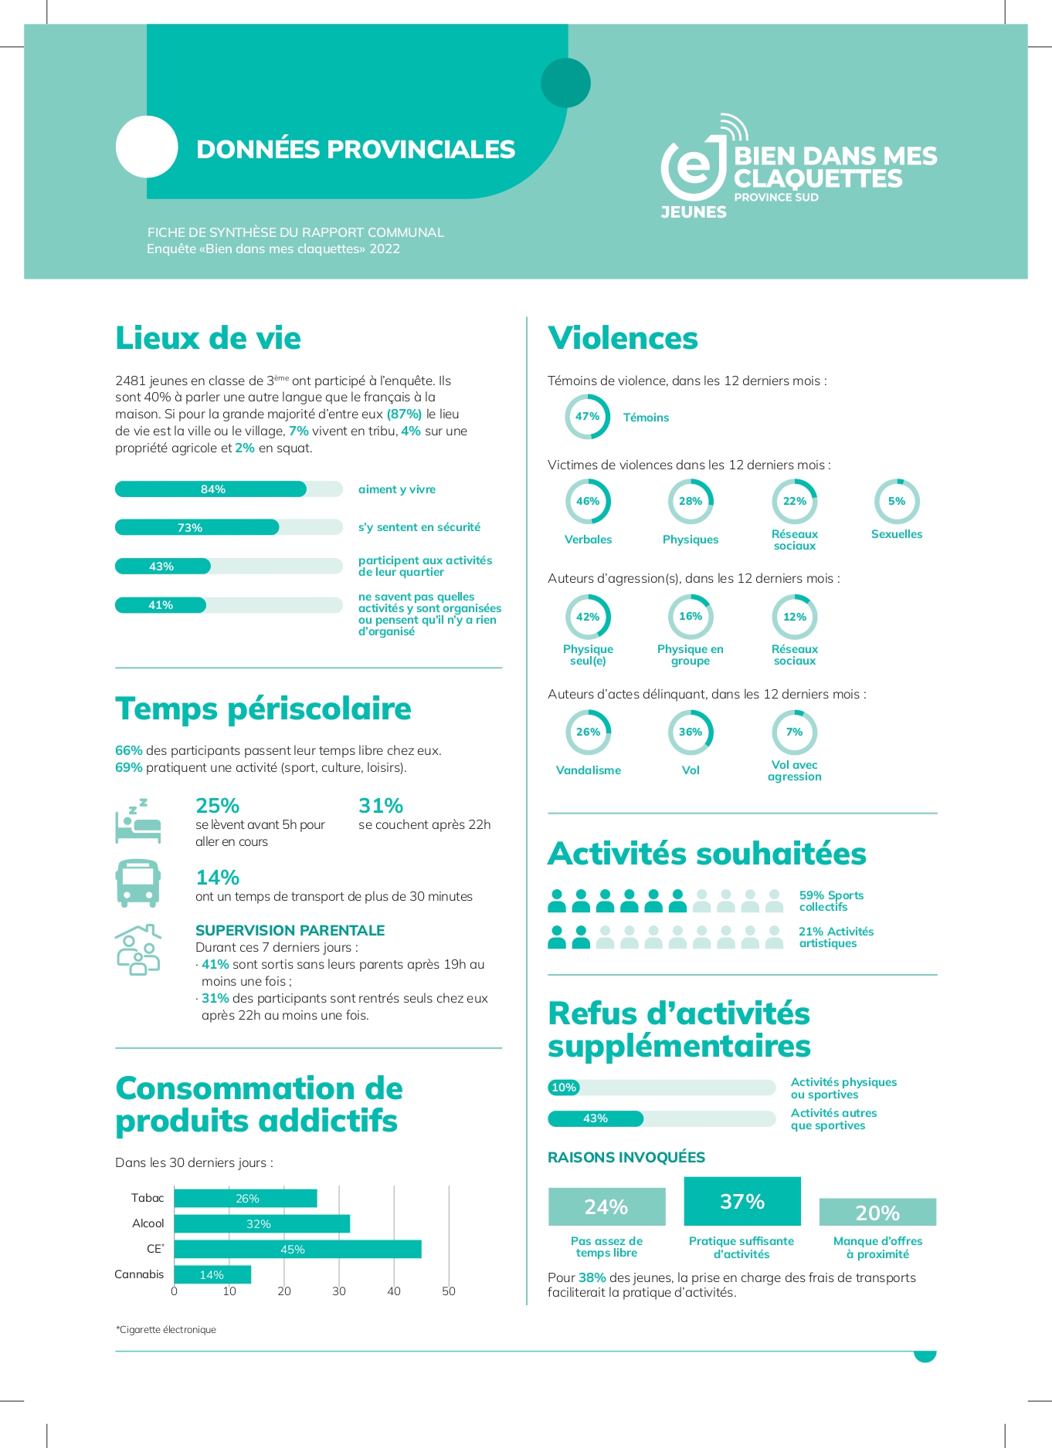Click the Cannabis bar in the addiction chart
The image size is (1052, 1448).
tap(212, 1274)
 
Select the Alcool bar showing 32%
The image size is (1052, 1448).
tap(262, 1223)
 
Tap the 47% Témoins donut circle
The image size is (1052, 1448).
tap(588, 417)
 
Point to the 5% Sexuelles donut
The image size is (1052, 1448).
tap(896, 502)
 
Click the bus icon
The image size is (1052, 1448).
tap(138, 882)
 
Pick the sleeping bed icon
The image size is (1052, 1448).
tap(137, 820)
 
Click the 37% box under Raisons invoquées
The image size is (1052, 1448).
tap(742, 1201)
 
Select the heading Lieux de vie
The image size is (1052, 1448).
tap(208, 338)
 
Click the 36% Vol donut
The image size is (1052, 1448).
tap(691, 732)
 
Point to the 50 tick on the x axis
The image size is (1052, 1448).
tap(449, 1291)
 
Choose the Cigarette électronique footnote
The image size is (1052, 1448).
tap(166, 1329)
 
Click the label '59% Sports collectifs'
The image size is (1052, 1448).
tap(831, 901)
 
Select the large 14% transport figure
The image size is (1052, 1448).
tap(218, 878)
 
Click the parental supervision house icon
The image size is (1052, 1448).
tap(137, 949)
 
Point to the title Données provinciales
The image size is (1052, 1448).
tap(355, 149)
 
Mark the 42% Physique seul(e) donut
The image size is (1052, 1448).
tap(588, 617)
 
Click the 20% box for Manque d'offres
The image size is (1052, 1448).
tap(877, 1213)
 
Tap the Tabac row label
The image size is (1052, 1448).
tap(148, 1198)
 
